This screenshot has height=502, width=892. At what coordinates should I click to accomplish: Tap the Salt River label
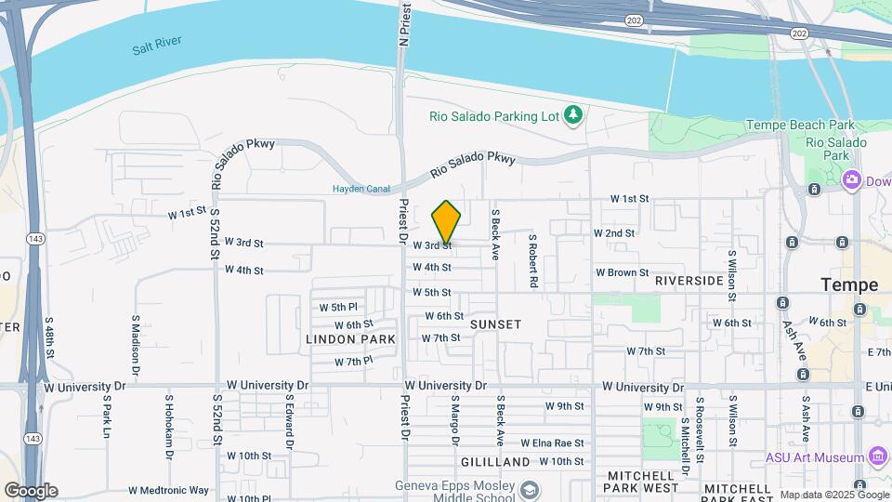pos(156,43)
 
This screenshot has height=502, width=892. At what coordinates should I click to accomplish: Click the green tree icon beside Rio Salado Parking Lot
pos(574,115)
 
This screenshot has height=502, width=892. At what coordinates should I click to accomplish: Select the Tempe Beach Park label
pos(800,125)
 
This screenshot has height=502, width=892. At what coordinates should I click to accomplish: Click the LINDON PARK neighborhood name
pos(350,340)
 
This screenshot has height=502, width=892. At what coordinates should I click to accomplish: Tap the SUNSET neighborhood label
pos(495,324)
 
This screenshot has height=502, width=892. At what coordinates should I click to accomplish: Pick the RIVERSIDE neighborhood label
pos(689,281)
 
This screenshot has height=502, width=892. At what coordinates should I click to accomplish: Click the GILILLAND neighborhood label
pos(495,462)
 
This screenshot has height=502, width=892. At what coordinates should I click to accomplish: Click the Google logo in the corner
pos(31,491)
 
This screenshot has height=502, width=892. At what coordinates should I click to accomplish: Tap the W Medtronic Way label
pos(169,490)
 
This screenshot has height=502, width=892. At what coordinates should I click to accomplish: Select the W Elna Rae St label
pos(552,443)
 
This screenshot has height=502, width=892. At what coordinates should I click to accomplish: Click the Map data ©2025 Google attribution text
pos(834,495)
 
